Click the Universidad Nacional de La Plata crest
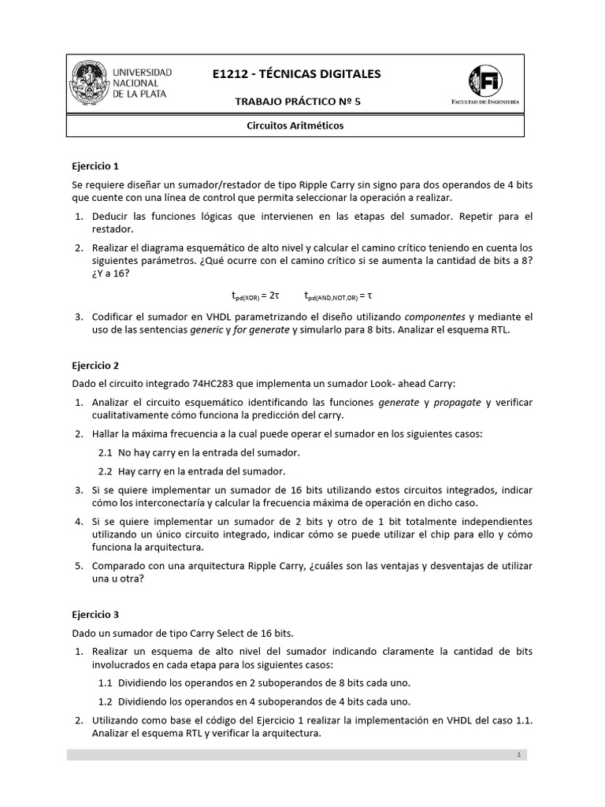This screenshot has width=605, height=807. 90,83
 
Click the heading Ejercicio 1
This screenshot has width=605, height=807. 95,166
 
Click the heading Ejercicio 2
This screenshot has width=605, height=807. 95,366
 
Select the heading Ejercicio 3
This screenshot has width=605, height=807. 95,614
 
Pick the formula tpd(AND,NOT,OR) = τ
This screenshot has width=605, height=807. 338,296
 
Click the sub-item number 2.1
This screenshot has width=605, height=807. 106,452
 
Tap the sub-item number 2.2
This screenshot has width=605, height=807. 106,471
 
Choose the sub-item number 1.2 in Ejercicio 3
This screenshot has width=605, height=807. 106,701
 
